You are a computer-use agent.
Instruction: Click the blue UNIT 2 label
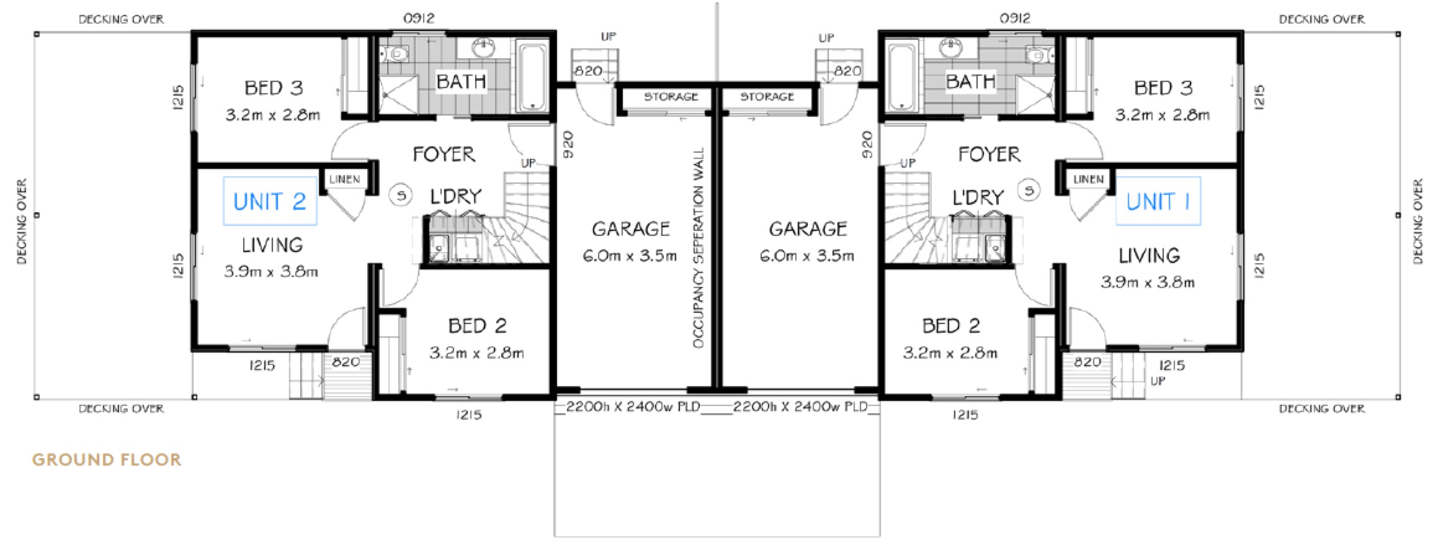pos(270,201)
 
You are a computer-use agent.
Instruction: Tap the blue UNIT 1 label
pos(1158,201)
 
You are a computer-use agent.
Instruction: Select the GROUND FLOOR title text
pos(107,460)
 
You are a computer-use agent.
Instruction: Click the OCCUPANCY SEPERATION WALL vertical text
pos(699,247)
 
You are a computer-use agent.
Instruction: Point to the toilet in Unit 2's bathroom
pos(396,55)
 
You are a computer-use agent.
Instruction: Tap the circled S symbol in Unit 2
pos(401,196)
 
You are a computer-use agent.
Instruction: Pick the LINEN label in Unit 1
pos(1088,179)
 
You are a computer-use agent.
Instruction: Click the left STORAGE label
pos(671,97)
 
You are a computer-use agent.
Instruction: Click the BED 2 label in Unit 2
pos(477,325)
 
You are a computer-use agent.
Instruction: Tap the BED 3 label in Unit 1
pos(1163,88)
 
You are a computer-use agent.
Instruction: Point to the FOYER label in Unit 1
pos(989,154)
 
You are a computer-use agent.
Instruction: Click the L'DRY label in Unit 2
pos(456,196)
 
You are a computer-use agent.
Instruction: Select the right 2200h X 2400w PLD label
pos(800,407)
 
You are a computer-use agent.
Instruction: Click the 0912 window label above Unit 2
pos(419,19)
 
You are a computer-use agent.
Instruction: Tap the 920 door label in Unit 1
pos(867,144)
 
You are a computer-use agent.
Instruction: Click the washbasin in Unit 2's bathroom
pos(483,47)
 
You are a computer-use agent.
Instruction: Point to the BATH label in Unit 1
pos(970,81)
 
